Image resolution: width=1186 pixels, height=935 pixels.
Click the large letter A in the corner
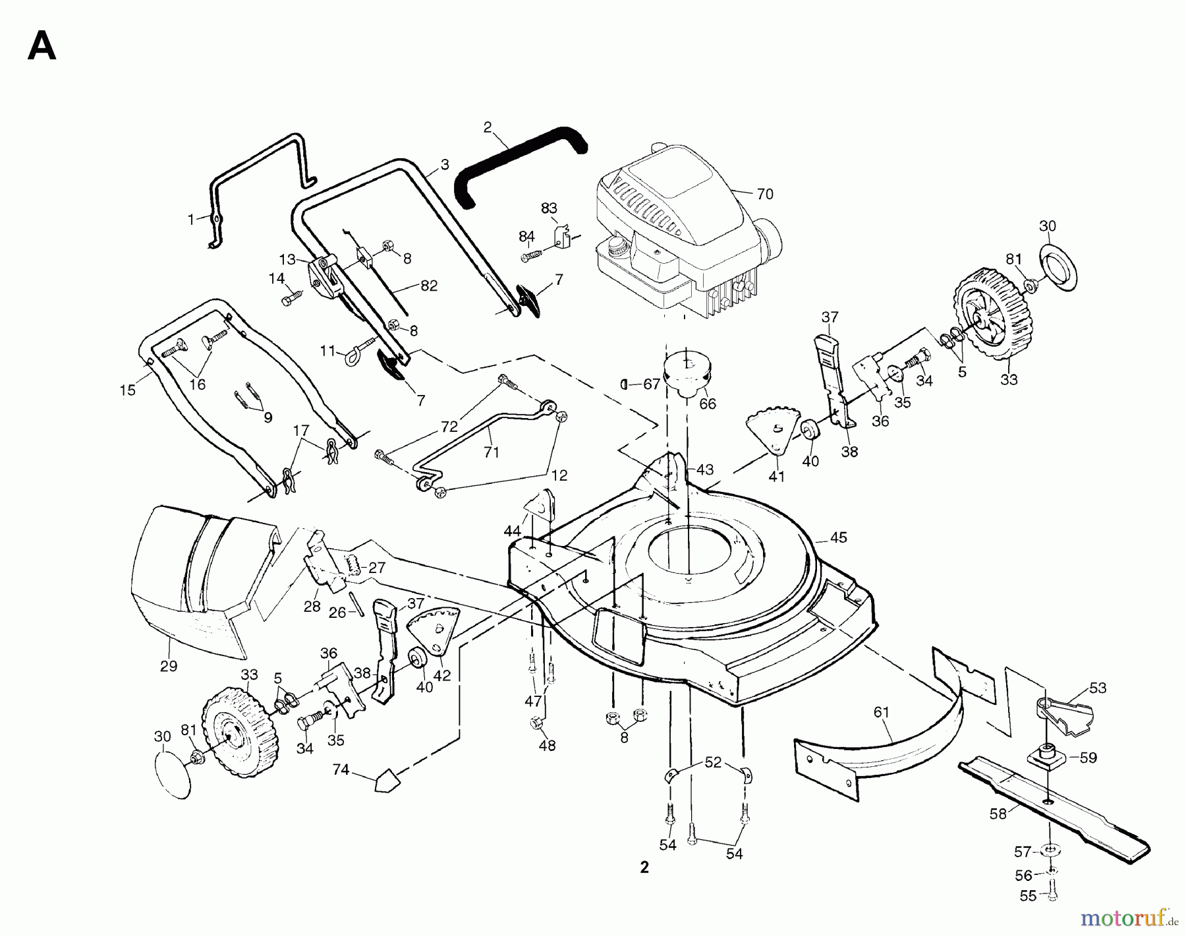42,47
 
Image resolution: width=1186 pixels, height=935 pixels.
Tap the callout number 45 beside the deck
838,538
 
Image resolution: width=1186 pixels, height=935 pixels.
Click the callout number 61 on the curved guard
882,712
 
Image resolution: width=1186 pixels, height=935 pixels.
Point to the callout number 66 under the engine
707,404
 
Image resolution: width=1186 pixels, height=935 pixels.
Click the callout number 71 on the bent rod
492,452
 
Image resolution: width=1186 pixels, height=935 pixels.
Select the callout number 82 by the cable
428,286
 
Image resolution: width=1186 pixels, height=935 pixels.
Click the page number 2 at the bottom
644,868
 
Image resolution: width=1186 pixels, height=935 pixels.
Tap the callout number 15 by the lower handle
128,390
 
